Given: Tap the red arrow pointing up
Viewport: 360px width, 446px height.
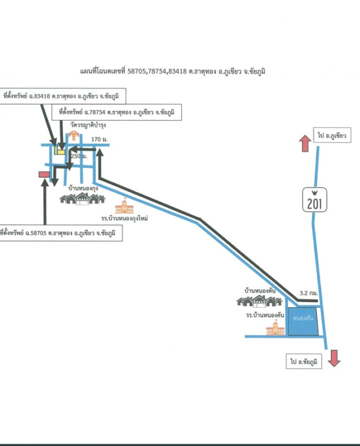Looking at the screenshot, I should pos(305,143).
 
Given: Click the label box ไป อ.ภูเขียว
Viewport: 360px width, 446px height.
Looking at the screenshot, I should pos(332,136).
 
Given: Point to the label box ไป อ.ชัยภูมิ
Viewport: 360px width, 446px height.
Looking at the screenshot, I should pos(305,362).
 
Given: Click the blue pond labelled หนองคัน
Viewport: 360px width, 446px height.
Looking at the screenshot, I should pos(304,322).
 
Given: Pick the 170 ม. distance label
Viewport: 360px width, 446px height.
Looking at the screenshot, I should pos(99,138).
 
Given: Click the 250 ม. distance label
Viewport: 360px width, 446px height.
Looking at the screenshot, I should pos(79,157).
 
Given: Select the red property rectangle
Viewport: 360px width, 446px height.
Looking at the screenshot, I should pos(43,174).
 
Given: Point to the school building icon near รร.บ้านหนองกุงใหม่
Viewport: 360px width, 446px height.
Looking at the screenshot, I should pos(124,206).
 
